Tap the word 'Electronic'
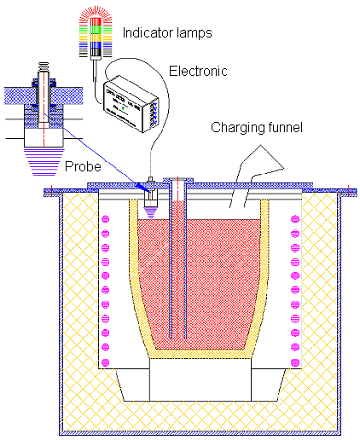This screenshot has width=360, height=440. (198, 71)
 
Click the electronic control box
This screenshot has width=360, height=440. (133, 102)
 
